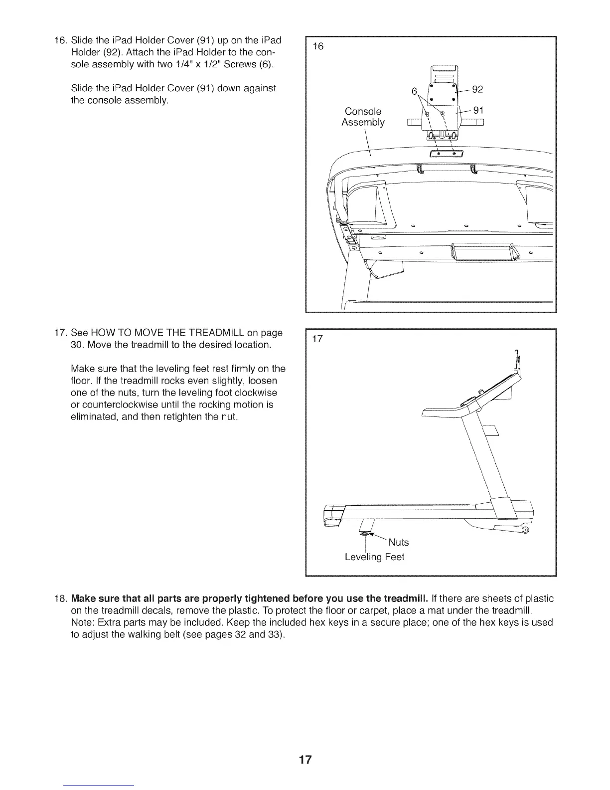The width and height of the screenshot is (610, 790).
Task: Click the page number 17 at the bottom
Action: tap(305, 760)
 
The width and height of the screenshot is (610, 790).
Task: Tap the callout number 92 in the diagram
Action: tap(477, 90)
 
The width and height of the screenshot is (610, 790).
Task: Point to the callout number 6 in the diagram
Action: tap(414, 92)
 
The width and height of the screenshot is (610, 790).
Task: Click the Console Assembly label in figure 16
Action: tap(363, 117)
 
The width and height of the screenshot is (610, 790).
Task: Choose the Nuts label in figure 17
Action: tap(398, 542)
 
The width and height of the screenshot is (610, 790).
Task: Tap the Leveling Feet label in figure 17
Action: tap(374, 557)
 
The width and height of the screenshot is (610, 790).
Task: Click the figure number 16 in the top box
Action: tap(318, 46)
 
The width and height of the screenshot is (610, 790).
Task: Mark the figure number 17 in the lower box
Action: tap(318, 340)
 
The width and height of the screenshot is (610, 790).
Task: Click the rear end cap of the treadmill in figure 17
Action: tap(333, 515)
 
